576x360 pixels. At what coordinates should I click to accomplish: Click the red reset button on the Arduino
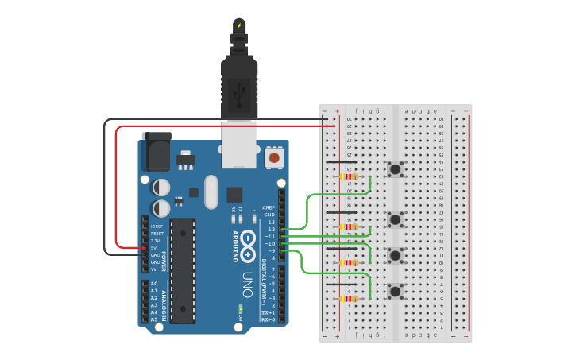(274, 158)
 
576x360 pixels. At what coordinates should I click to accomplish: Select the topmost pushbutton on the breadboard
(395, 169)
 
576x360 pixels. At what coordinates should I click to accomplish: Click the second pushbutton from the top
(395, 219)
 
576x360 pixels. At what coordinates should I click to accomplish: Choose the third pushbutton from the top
(395, 255)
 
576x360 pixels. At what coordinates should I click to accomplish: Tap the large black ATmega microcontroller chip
(183, 270)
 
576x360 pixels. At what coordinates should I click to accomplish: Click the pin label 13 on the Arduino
(271, 222)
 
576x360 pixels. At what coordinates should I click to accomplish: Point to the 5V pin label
(155, 247)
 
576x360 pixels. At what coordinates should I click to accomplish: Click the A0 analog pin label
(154, 284)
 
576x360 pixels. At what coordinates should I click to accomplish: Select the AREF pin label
(269, 207)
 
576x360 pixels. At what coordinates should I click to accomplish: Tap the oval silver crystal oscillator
(211, 192)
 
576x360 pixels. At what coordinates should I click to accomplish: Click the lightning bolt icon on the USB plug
(239, 25)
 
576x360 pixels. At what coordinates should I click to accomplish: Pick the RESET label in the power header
(157, 234)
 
